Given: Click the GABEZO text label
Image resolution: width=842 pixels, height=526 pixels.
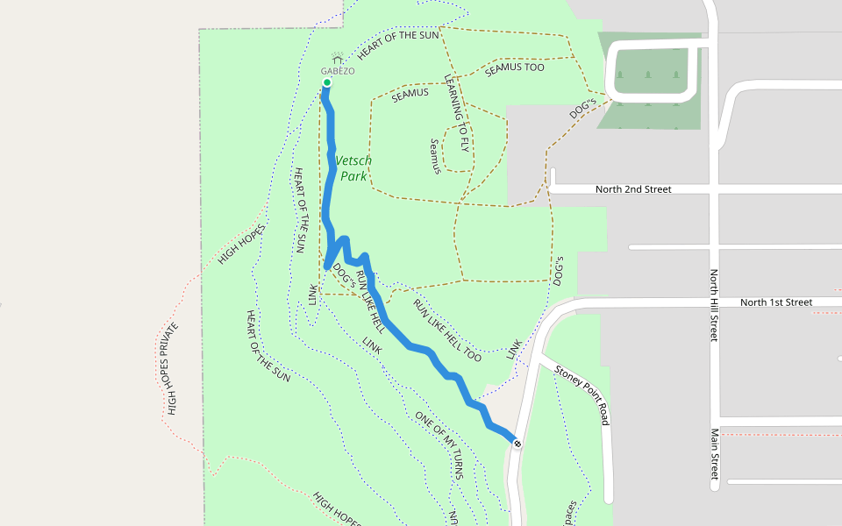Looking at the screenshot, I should coord(338,71).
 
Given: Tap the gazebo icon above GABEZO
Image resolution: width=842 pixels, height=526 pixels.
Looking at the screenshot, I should coord(337,59).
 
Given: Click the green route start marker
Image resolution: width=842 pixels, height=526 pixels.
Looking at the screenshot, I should coord(326,83).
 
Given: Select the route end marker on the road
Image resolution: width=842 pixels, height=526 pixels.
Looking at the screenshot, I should coord(517,444).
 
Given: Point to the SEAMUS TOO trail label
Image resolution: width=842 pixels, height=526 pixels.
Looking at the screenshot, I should coord(515,68).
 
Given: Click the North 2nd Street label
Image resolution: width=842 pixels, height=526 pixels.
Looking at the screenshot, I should coord(633,189).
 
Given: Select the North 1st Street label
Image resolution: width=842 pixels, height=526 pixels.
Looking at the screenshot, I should coord(776,302).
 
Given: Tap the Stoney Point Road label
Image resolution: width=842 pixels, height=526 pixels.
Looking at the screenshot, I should coord(582,395).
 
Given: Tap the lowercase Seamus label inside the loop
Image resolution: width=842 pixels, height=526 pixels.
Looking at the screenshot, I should coord(434,156).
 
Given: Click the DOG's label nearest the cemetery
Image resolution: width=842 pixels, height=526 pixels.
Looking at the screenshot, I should coord(582,110).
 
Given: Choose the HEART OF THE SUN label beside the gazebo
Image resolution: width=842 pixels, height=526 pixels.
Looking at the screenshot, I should coord(397,46).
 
